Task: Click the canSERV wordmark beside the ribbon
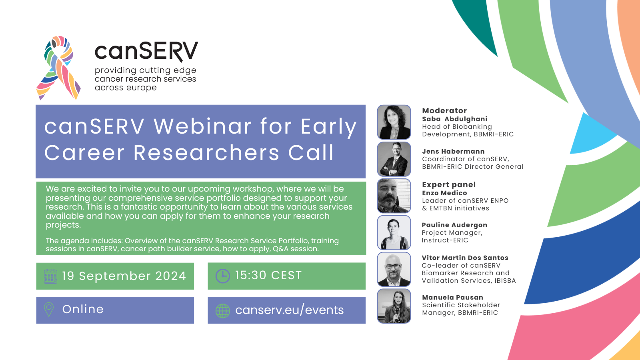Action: point(146,51)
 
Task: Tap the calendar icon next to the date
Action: point(50,276)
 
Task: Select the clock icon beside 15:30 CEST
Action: point(222,276)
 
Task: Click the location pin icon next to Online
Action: point(49,310)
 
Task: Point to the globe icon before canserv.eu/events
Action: point(223,310)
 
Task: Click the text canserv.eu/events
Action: point(289,310)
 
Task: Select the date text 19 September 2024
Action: point(124,276)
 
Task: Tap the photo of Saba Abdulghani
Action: point(394,122)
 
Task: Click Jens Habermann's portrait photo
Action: point(394,159)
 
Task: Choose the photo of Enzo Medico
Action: point(394,196)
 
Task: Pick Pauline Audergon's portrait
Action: point(394,232)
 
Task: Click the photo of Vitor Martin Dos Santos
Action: point(394,269)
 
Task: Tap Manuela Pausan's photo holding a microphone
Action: point(394,306)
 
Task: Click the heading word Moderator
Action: point(444,111)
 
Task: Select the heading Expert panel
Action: point(449,185)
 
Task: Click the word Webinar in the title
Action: point(202,126)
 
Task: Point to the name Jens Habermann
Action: point(453,152)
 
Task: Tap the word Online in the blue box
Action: point(83,309)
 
